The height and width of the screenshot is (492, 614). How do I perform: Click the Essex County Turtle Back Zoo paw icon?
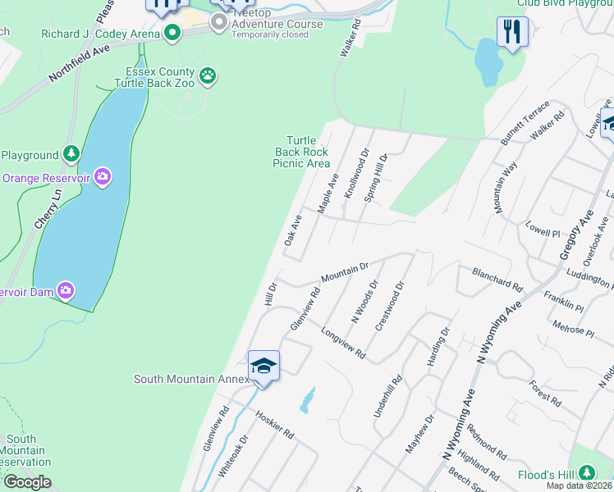pos(208,76)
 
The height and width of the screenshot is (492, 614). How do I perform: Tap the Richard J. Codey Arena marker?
pos(172,33)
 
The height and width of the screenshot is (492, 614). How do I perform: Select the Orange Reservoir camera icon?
pos(103,176)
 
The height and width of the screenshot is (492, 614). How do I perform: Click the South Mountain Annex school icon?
pos(264,366)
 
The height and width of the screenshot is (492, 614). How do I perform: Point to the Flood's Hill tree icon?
pos(587,473)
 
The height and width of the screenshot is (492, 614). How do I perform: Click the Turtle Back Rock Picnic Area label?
pos(301,152)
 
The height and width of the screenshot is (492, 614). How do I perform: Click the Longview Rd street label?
pos(342,344)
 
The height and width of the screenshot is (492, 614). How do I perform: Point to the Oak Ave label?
pos(292,230)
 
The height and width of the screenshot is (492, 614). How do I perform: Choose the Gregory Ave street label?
pos(575,234)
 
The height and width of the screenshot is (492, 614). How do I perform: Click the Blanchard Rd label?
pos(497,279)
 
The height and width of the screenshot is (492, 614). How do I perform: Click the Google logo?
pos(27,482)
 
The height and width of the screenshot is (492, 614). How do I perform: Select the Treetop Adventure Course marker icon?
pos(219,22)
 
